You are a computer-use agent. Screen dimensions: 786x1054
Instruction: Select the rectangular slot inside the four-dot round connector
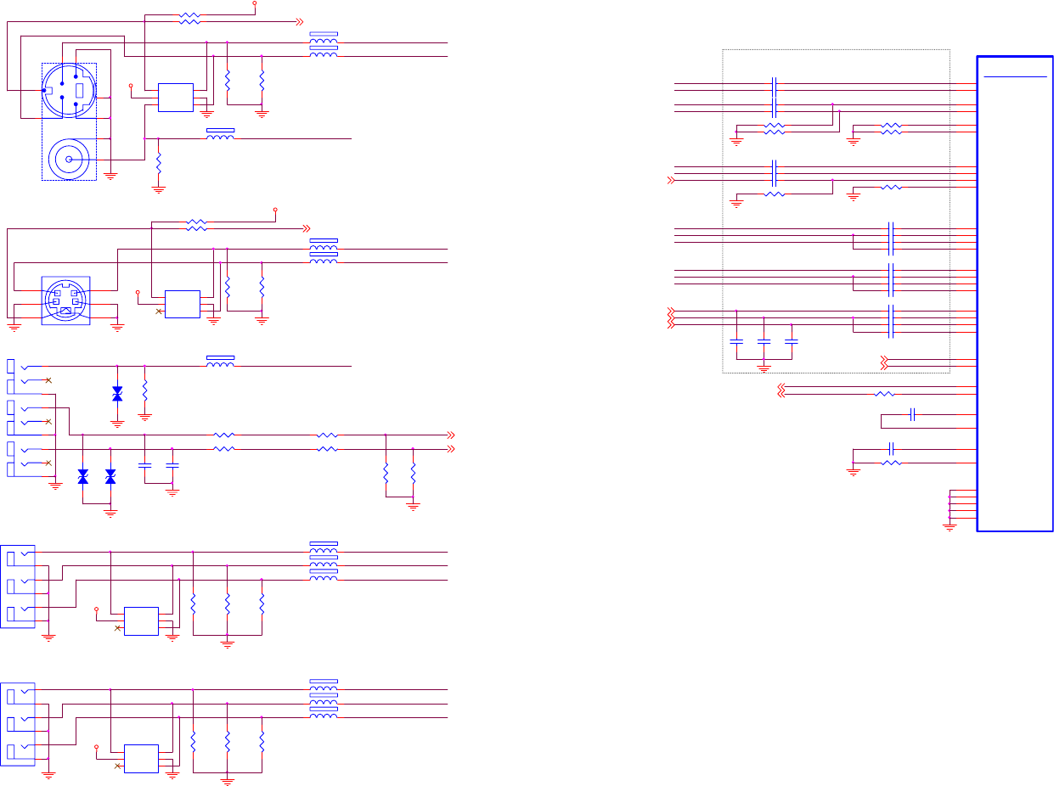[x=79, y=90]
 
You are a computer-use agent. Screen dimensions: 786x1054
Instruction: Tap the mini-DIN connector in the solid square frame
[x=65, y=300]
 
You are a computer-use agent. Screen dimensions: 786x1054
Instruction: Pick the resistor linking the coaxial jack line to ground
[x=159, y=165]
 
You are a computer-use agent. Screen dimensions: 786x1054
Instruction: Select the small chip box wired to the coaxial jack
[x=176, y=98]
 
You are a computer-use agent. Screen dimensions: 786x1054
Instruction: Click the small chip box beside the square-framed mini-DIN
[x=183, y=304]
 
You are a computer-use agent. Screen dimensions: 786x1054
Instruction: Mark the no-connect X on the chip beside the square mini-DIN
[x=159, y=312]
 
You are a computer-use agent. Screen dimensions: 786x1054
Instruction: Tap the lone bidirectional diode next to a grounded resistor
[x=117, y=394]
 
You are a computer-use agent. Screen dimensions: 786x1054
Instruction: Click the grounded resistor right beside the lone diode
[x=145, y=391]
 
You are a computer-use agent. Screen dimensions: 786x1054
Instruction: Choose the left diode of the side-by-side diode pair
[x=82, y=478]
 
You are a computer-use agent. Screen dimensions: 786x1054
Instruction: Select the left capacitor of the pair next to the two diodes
[x=145, y=466]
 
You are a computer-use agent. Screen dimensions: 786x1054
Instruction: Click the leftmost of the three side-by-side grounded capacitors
[x=736, y=341]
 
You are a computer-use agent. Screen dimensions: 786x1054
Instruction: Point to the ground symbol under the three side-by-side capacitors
[x=764, y=368]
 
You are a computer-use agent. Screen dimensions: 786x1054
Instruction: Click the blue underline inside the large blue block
[x=1015, y=76]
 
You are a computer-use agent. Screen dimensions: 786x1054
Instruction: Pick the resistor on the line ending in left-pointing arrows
[x=884, y=394]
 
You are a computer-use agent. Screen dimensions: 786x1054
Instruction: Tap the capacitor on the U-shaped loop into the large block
[x=911, y=415]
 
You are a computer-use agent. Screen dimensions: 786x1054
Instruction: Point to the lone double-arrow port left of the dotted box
[x=673, y=180]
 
